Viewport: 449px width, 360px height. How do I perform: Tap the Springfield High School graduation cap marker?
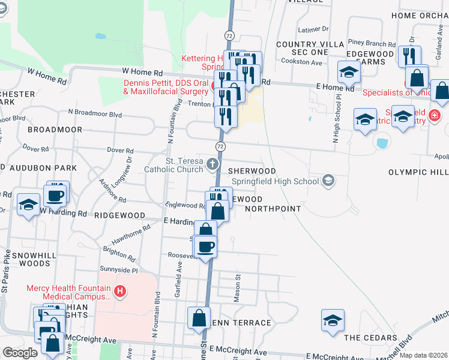pos(328,180)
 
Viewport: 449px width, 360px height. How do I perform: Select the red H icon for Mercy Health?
pos(120,292)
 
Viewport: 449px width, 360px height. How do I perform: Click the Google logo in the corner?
pos(20,353)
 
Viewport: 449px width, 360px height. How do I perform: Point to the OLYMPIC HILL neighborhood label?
pos(418,172)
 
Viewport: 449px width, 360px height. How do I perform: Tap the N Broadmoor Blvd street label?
pos(95,113)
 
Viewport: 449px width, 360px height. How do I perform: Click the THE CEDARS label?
pos(368,338)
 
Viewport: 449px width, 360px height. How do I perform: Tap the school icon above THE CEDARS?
pos(333,321)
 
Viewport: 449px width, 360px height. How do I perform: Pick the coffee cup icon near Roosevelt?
pos(205,246)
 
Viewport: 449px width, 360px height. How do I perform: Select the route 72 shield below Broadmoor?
pos(221,146)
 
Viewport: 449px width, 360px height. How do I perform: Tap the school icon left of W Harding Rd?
pos(28,206)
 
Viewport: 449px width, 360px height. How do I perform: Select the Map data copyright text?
pos(423,355)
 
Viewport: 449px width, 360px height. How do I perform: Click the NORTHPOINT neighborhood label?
pos(273,209)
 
